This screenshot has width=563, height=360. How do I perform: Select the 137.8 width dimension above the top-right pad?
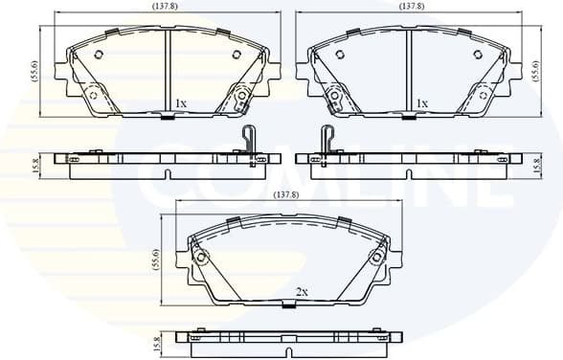point(412,7)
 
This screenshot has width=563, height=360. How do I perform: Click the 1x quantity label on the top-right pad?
point(421,102)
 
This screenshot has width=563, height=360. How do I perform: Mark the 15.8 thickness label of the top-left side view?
point(35,165)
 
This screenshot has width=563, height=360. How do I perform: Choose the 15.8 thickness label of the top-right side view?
point(535,165)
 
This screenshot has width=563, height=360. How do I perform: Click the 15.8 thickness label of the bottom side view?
point(157,341)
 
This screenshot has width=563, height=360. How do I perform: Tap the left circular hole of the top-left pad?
point(93,94)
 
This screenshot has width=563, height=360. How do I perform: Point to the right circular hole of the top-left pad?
point(242,94)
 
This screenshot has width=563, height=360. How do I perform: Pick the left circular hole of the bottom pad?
point(202,259)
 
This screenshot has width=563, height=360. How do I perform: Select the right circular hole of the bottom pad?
point(373,259)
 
